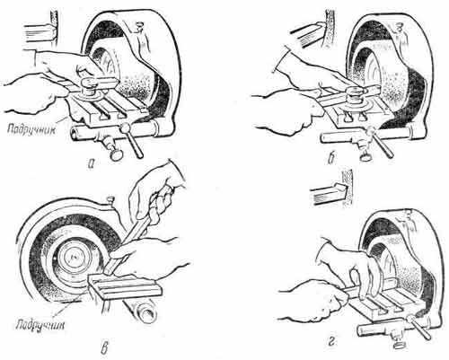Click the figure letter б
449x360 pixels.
(330, 160)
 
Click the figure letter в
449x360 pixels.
(104, 349)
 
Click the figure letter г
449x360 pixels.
(331, 342)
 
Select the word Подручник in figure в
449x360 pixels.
(40, 325)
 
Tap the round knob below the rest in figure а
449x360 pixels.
(116, 154)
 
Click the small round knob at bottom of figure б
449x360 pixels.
(365, 156)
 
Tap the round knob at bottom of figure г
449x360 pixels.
(399, 345)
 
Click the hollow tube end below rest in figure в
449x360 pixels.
(146, 312)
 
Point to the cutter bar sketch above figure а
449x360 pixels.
(39, 33)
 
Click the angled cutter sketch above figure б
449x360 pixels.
(307, 34)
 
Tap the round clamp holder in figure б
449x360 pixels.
(355, 96)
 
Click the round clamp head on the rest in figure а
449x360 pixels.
(89, 89)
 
